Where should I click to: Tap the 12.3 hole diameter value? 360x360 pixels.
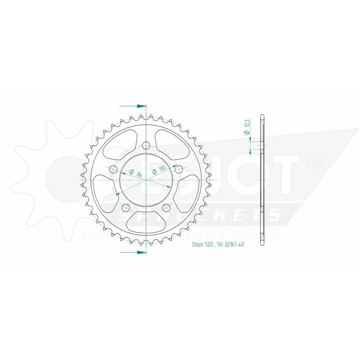pyautogui.click(x=247, y=123)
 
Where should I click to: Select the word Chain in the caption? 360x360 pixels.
pyautogui.click(x=199, y=245)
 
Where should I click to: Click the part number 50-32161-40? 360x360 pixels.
pyautogui.click(x=229, y=245)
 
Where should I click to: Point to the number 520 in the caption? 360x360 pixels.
pyautogui.click(x=212, y=245)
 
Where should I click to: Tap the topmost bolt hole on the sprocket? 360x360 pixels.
pyautogui.click(x=146, y=145)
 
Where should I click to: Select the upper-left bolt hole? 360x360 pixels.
pyautogui.click(x=113, y=169)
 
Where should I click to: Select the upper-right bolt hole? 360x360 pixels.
pyautogui.click(x=179, y=169)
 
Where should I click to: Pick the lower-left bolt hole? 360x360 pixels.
pyautogui.click(x=125, y=208)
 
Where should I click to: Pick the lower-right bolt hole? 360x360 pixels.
pyautogui.click(x=167, y=208)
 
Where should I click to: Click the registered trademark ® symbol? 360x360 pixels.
pyautogui.click(x=314, y=161)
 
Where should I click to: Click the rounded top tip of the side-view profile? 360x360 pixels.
pyautogui.click(x=263, y=115)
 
